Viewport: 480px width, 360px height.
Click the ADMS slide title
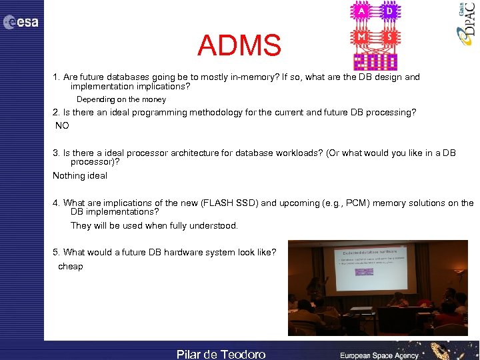pos(239,46)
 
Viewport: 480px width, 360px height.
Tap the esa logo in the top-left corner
pos(21,23)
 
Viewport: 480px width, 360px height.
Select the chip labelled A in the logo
pos(362,12)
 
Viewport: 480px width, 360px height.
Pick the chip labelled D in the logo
pos(389,12)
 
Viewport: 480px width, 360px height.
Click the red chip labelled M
pos(362,38)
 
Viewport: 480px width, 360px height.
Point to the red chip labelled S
pos(389,38)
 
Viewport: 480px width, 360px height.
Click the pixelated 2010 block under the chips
pos(375,61)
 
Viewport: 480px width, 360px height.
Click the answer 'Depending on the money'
pos(121,99)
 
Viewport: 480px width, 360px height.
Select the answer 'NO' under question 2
pos(62,125)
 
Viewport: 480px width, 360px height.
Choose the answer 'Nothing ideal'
pos(80,176)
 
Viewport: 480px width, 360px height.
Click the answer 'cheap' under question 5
pos(71,267)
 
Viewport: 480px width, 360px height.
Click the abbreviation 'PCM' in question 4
pos(364,203)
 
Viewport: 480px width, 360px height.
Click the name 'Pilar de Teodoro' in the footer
pos(221,354)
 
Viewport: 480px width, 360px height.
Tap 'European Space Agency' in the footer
pos(380,355)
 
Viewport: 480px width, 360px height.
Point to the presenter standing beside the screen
pos(314,289)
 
